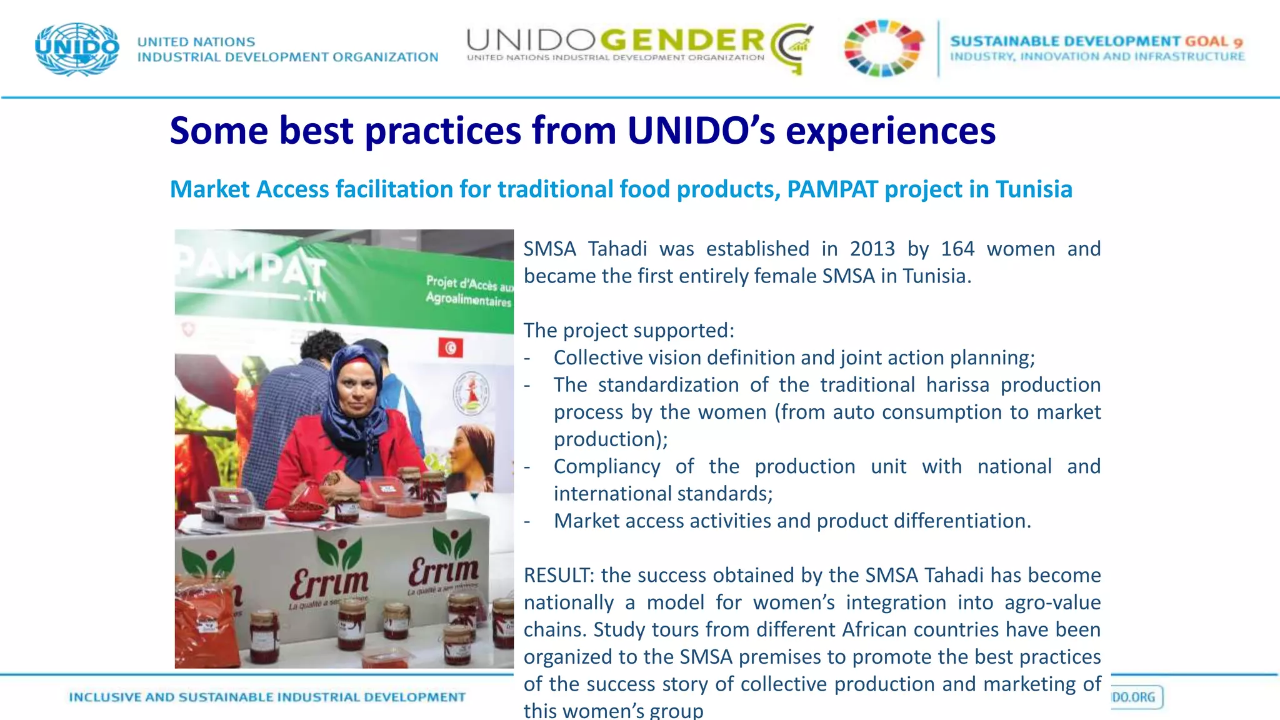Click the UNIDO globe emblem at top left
point(77,49)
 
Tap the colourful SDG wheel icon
point(882,48)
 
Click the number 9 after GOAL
point(1237,42)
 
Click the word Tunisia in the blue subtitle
point(1034,189)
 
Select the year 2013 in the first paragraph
point(872,249)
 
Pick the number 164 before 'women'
point(957,249)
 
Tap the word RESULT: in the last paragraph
point(559,575)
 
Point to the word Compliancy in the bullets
point(606,466)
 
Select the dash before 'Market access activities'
point(527,521)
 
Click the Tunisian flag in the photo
point(450,347)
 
